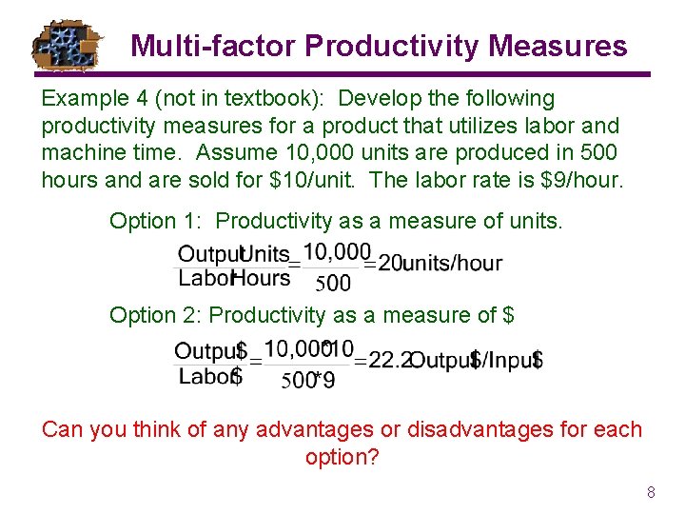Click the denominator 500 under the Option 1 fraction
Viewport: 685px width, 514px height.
(332, 282)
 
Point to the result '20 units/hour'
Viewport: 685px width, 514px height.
(440, 264)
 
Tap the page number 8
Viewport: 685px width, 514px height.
(651, 493)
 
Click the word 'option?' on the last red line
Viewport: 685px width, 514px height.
(342, 457)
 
